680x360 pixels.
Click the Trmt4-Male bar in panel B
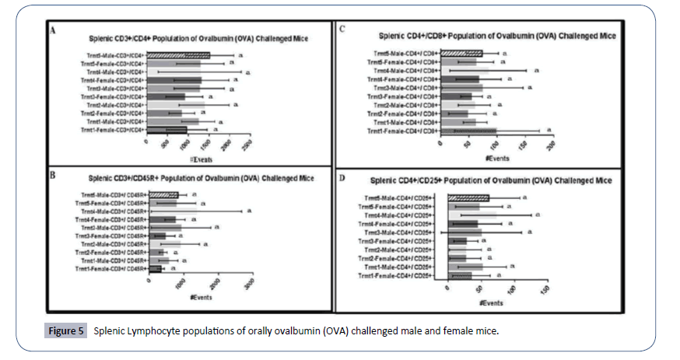[x=172, y=211]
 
